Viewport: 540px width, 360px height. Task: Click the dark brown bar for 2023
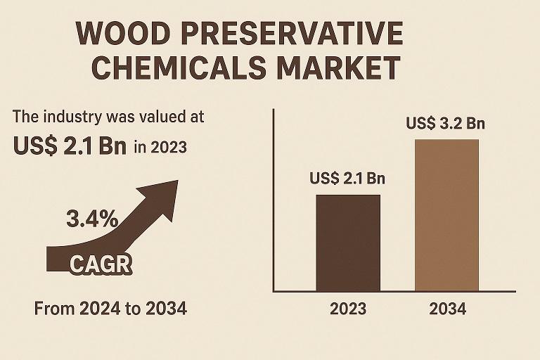click(x=348, y=243)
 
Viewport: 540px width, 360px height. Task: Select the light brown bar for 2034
click(x=446, y=214)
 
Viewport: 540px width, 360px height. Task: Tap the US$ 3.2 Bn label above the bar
click(x=446, y=124)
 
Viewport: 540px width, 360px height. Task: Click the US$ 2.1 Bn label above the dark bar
click(x=347, y=179)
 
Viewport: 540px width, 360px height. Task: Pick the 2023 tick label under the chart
click(x=348, y=309)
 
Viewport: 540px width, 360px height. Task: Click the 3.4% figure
click(x=92, y=219)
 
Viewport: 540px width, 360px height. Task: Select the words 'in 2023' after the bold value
click(x=160, y=147)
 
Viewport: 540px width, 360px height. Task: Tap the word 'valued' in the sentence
click(x=164, y=117)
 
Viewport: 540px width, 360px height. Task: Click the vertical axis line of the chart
click(x=273, y=200)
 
